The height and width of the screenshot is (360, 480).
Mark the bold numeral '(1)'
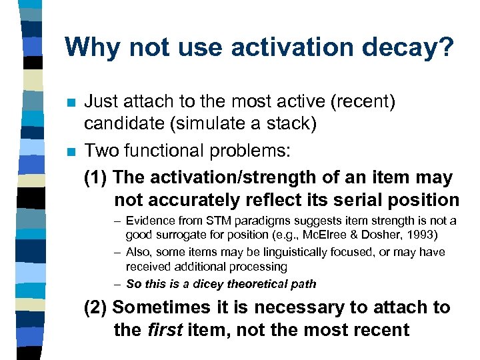click(x=97, y=177)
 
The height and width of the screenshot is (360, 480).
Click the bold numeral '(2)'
click(x=97, y=307)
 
